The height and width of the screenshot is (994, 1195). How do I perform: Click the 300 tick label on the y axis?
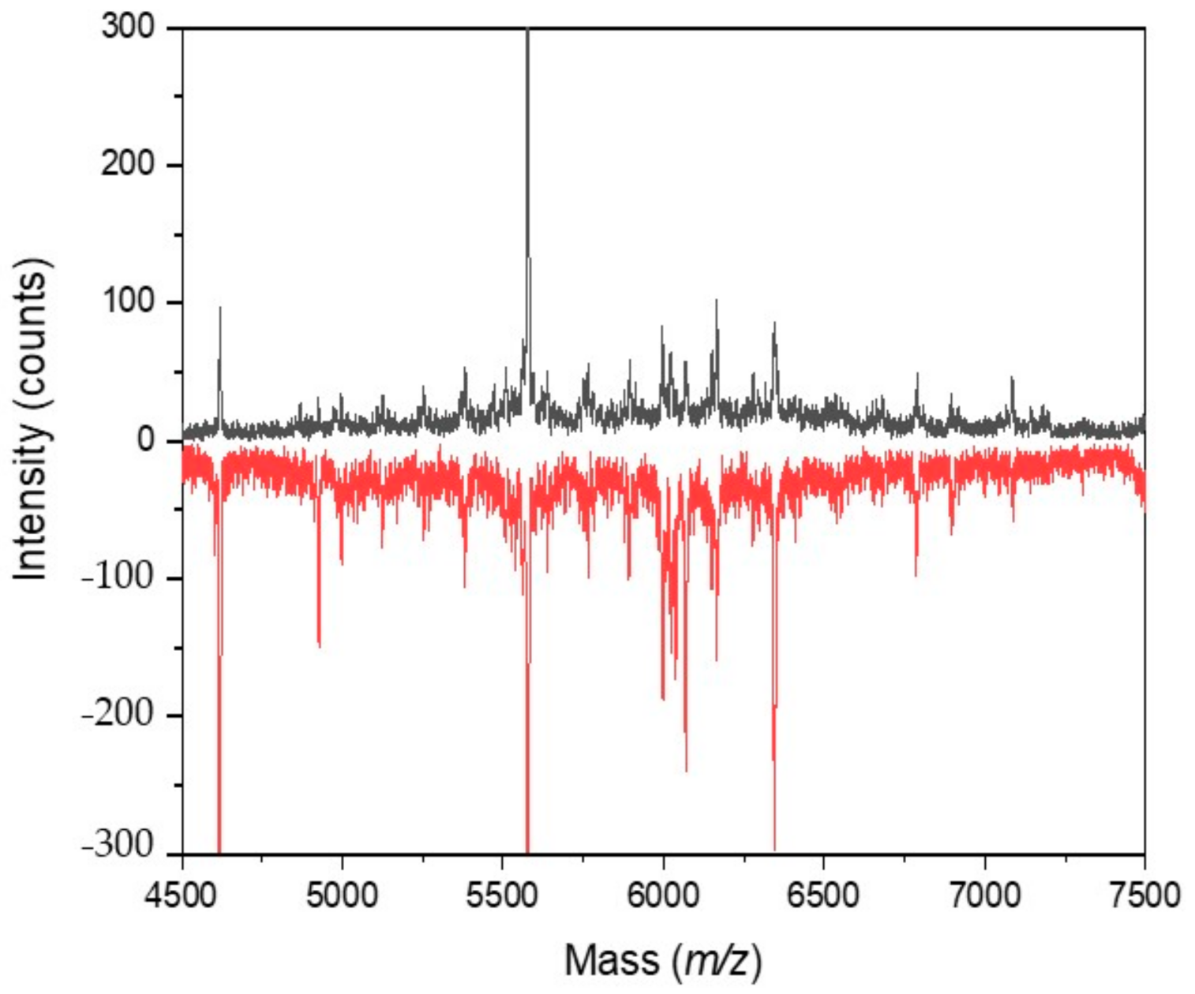[x=128, y=28]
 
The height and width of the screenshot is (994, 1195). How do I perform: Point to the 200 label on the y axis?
[x=128, y=165]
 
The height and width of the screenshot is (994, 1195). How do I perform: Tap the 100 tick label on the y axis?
[x=128, y=303]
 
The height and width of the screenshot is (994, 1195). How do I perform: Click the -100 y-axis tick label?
[x=118, y=578]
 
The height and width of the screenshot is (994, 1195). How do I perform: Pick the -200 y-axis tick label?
[x=118, y=716]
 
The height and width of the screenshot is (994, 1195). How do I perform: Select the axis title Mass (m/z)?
[x=663, y=961]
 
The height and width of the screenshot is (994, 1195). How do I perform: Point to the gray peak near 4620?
[x=220, y=310]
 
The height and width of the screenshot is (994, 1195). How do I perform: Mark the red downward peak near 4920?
[x=319, y=643]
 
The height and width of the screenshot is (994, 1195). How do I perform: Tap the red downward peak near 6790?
[x=916, y=574]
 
